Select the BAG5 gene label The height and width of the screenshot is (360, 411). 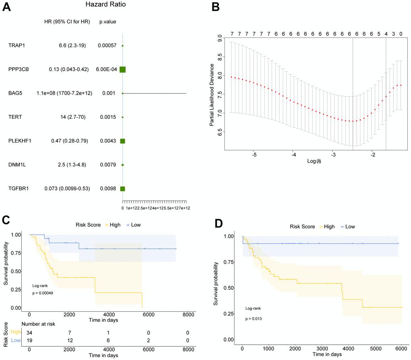pyautogui.click(x=15, y=93)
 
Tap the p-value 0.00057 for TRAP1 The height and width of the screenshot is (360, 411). pyautogui.click(x=107, y=46)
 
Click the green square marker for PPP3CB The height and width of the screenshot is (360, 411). pyautogui.click(x=122, y=70)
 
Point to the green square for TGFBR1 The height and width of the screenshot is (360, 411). pyautogui.click(x=122, y=188)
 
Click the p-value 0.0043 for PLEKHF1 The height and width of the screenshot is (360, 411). pyautogui.click(x=107, y=141)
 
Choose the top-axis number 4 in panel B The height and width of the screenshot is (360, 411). pyautogui.click(x=386, y=34)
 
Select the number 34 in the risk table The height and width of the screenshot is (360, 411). pyautogui.click(x=29, y=331)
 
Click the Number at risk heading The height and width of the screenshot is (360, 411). pyautogui.click(x=27, y=323)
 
